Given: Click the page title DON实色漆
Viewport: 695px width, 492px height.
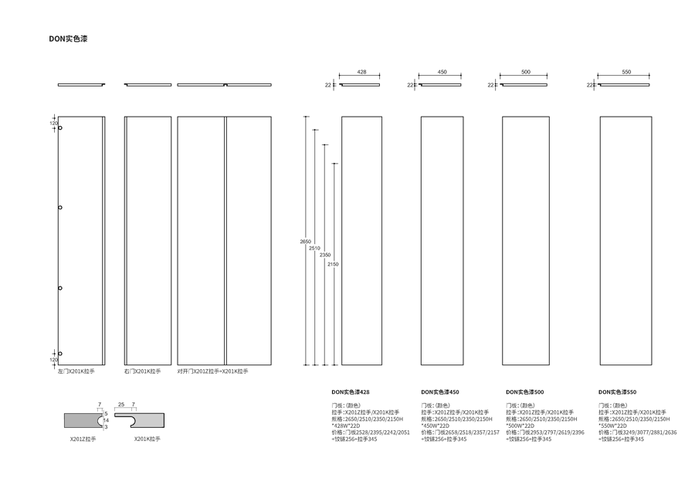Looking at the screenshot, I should [68, 38].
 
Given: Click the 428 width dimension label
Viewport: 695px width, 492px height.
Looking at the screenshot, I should [361, 72].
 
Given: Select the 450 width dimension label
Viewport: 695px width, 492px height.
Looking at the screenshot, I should [442, 72].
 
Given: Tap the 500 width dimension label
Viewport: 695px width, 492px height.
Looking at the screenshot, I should [526, 72].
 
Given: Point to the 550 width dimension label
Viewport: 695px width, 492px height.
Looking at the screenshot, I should [625, 72].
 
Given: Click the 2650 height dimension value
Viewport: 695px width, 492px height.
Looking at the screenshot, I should [305, 242].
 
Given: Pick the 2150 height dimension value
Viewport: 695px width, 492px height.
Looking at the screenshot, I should [333, 264].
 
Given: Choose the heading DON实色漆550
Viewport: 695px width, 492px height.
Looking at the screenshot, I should [618, 392].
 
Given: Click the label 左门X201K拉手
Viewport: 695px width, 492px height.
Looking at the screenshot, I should [76, 372].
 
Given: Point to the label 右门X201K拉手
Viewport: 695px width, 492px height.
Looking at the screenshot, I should [143, 372].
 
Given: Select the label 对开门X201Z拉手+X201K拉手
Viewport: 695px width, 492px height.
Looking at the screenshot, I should [212, 372].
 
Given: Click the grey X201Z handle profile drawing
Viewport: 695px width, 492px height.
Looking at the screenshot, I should [81, 419].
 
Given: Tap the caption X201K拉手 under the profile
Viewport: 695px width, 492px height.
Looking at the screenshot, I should [147, 439].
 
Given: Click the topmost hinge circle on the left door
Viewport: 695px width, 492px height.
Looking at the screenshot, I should [60, 128].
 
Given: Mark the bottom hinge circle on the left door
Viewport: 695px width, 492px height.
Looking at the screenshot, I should [60, 354].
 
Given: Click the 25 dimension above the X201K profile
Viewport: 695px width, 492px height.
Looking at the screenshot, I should [121, 405].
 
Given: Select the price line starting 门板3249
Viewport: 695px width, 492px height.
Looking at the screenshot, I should [638, 433].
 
